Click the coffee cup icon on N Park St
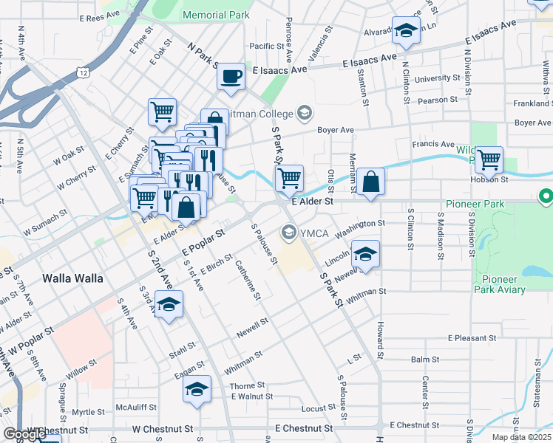click(231, 75)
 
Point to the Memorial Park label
click(216, 15)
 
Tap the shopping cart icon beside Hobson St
click(489, 159)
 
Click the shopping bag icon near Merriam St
click(373, 181)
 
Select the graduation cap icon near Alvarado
click(406, 30)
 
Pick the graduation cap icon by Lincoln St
click(365, 254)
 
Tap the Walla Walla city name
click(73, 279)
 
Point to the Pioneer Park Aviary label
click(503, 284)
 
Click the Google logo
click(24, 434)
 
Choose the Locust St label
click(319, 408)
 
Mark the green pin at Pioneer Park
click(546, 197)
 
